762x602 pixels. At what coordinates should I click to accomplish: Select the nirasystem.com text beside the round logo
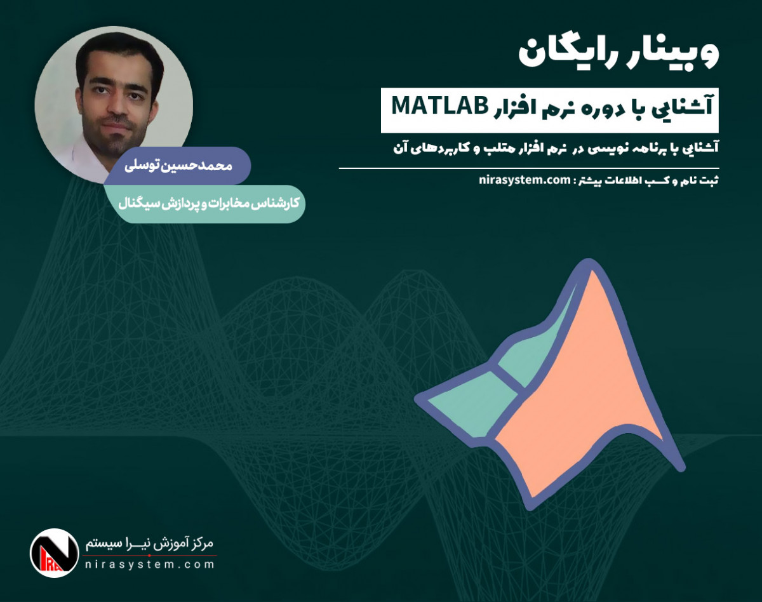pos(149,565)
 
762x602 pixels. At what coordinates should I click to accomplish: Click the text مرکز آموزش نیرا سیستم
pos(150,544)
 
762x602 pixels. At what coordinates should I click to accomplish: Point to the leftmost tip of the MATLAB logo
pos(419,401)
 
